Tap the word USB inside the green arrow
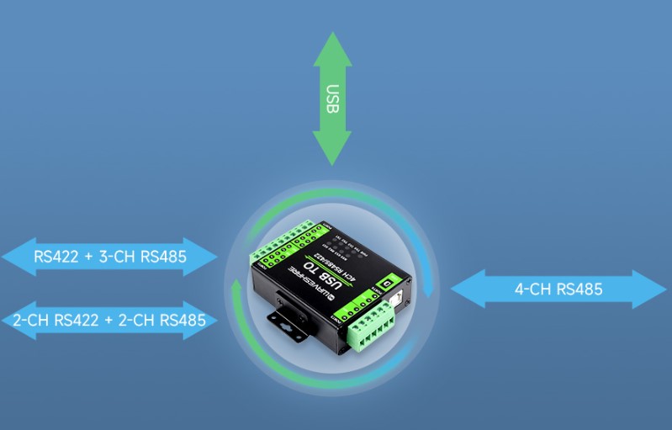[x=333, y=99]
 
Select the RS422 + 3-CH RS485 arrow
[x=110, y=256]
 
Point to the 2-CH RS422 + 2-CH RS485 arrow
[x=110, y=320]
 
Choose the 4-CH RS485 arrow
[x=558, y=289]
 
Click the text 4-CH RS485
[x=558, y=289]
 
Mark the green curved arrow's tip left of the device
[x=236, y=289]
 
